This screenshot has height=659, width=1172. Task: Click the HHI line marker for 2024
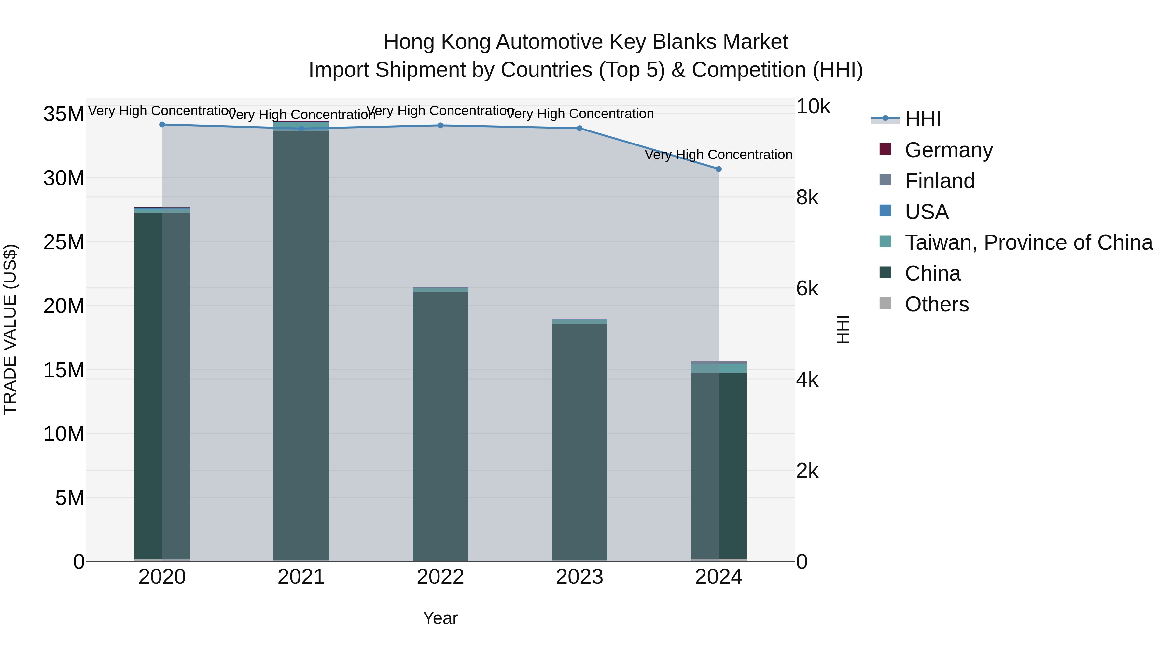(x=719, y=169)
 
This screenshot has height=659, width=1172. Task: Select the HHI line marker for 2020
(x=162, y=125)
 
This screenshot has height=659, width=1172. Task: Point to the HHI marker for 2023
(x=579, y=128)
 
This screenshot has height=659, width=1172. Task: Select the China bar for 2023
(x=579, y=442)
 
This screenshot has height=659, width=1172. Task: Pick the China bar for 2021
(x=301, y=346)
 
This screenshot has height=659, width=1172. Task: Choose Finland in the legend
(x=940, y=181)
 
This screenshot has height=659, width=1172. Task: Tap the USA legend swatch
(x=886, y=211)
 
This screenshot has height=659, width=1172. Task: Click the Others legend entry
(x=936, y=304)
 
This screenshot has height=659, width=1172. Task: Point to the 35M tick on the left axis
(x=64, y=114)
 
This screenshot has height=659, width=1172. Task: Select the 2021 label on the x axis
(x=301, y=577)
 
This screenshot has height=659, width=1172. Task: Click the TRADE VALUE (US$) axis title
(x=10, y=329)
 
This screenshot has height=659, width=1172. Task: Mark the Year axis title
(x=440, y=618)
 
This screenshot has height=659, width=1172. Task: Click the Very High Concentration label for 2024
(x=719, y=155)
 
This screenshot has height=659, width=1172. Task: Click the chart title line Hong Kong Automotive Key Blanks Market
(x=586, y=42)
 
